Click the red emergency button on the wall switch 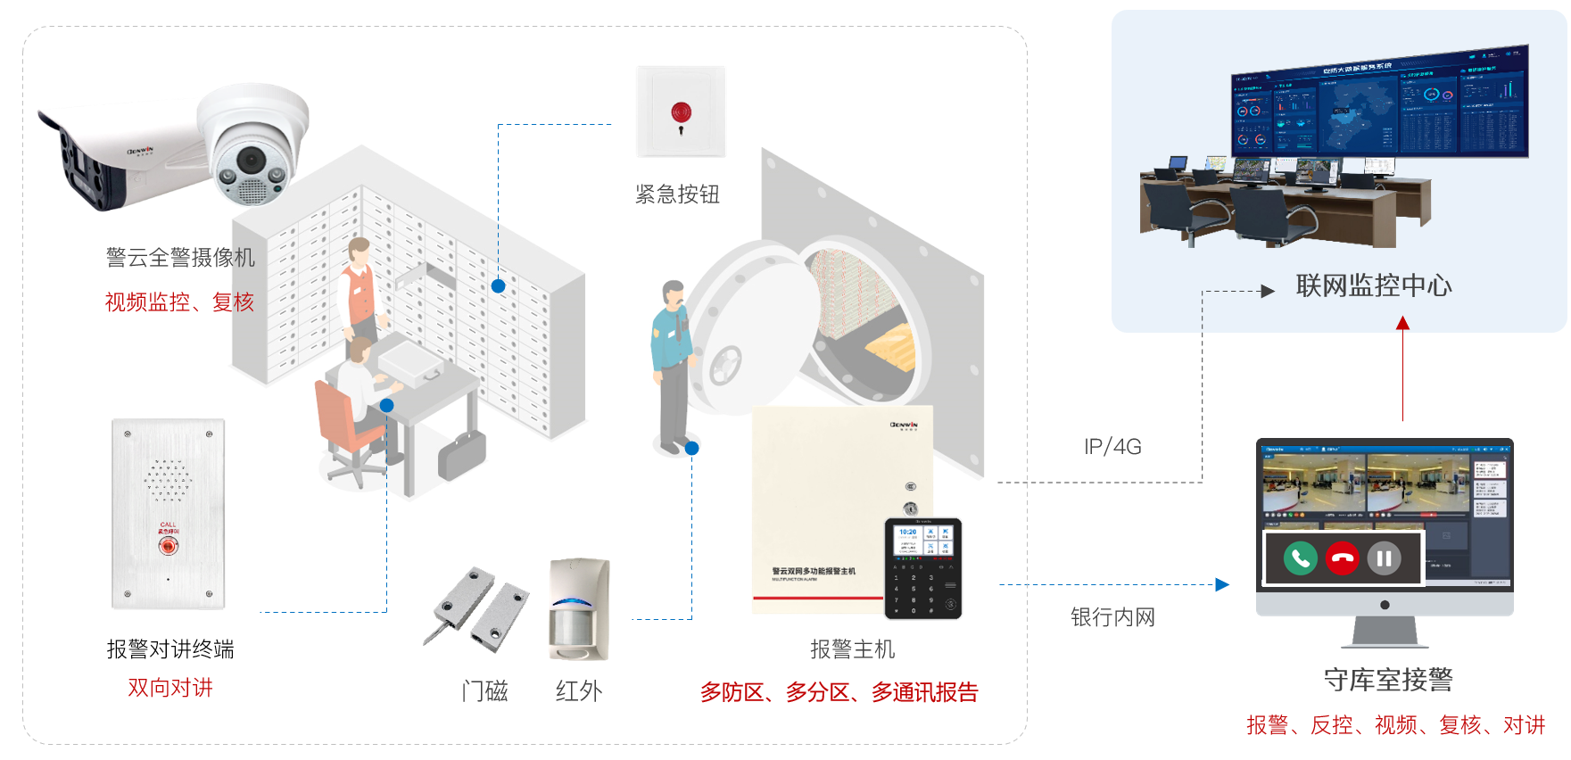[x=681, y=113]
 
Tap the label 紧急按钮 [x=677, y=194]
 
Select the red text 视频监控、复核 [x=179, y=302]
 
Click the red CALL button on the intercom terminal [x=168, y=546]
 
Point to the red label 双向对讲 [x=170, y=688]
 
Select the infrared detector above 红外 [x=579, y=609]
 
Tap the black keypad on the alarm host [x=922, y=569]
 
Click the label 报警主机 [x=852, y=649]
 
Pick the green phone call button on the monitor [x=1301, y=558]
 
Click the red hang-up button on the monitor [x=1342, y=558]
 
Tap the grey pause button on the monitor [x=1384, y=558]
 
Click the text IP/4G [x=1112, y=447]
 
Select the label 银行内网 [x=1112, y=617]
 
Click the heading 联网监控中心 [x=1373, y=286]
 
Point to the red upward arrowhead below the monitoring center [x=1402, y=323]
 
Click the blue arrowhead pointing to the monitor [x=1222, y=584]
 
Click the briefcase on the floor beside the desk [x=462, y=456]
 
